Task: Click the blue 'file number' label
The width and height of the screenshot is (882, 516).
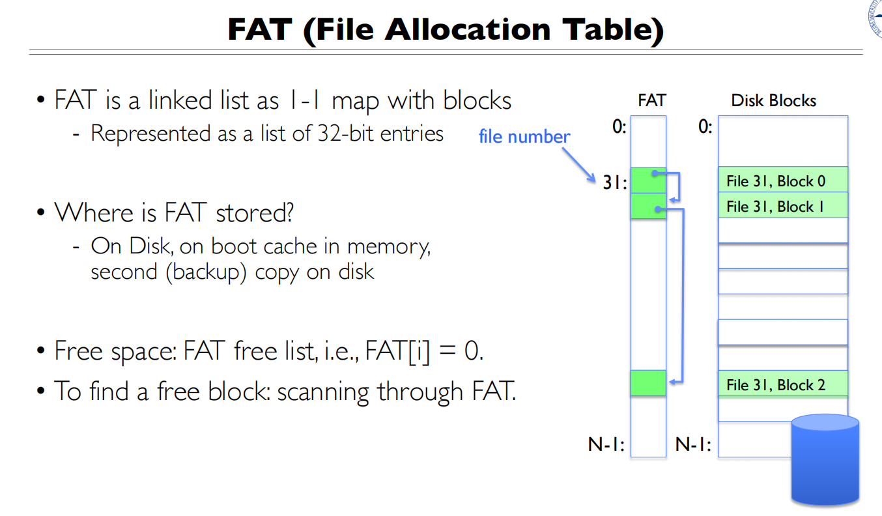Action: (524, 137)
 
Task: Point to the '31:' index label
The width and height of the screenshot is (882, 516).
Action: (614, 184)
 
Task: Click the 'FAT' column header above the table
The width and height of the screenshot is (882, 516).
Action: (652, 100)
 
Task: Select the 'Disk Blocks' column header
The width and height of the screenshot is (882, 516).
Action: (773, 100)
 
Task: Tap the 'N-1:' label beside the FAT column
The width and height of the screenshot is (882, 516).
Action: (606, 445)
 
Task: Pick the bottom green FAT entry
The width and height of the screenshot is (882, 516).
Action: (648, 383)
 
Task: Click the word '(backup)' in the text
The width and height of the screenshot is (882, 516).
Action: (207, 272)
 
